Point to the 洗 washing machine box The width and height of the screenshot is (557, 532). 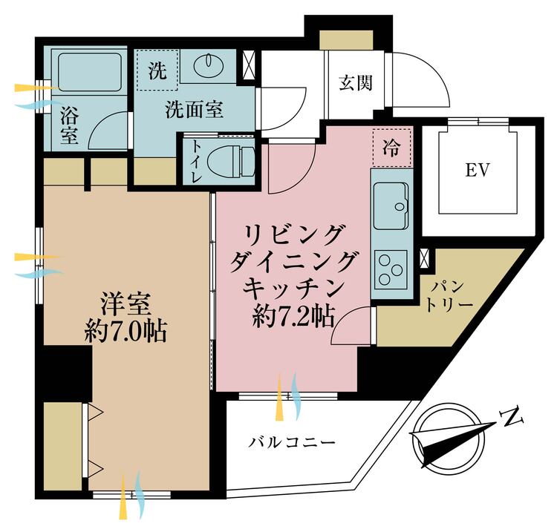[x=157, y=71]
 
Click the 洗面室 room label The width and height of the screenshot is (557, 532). [x=194, y=111]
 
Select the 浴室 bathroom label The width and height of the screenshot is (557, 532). [x=69, y=124]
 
